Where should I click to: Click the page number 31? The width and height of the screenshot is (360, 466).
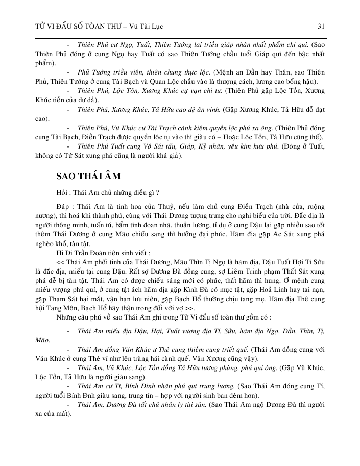click(x=321, y=25)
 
